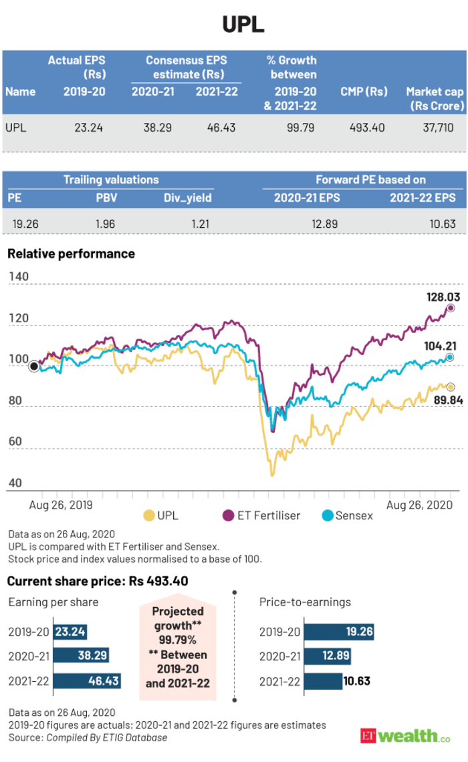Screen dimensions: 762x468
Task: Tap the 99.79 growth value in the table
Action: click(x=299, y=126)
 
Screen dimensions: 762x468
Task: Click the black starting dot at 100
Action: click(x=33, y=366)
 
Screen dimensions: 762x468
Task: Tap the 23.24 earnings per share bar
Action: click(x=70, y=632)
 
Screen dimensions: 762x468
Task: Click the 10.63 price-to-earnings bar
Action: click(x=323, y=682)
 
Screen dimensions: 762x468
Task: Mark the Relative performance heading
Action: click(x=71, y=254)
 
